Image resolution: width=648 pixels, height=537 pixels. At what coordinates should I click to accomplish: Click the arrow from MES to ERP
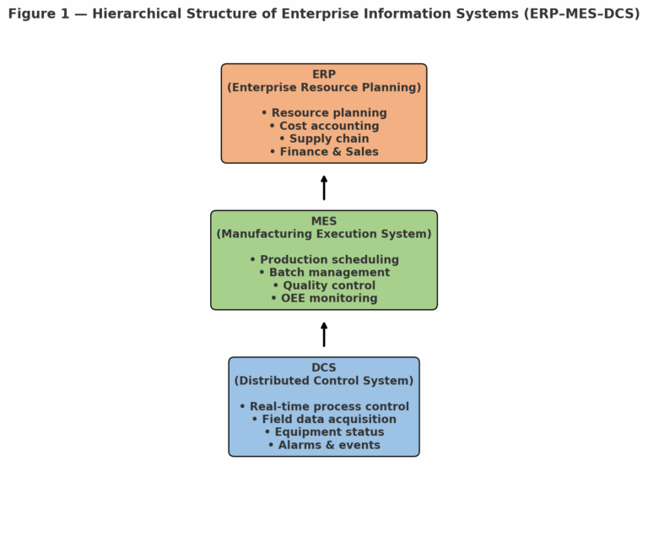pyautogui.click(x=324, y=187)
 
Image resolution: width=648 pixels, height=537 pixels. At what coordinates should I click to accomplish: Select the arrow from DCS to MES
pyautogui.click(x=324, y=334)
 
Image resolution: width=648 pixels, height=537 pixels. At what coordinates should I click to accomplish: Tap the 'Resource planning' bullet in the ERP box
pyautogui.click(x=324, y=113)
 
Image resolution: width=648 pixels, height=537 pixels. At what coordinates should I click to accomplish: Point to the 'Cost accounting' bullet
pyautogui.click(x=324, y=126)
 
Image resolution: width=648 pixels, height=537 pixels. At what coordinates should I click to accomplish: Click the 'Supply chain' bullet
pyautogui.click(x=324, y=138)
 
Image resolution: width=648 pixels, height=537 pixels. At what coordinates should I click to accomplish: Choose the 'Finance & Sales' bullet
pyautogui.click(x=324, y=152)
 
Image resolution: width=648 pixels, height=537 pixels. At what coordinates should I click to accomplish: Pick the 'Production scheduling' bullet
pyautogui.click(x=324, y=260)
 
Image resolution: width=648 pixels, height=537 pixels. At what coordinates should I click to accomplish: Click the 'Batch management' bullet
pyautogui.click(x=324, y=273)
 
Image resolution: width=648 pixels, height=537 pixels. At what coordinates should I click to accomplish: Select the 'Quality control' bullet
pyautogui.click(x=324, y=285)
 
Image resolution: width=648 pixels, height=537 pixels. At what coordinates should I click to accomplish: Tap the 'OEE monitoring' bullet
pyautogui.click(x=324, y=298)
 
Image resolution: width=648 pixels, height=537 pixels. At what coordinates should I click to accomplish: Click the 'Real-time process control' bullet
pyautogui.click(x=324, y=407)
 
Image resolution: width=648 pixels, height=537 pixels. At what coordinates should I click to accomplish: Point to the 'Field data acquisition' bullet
pyautogui.click(x=324, y=420)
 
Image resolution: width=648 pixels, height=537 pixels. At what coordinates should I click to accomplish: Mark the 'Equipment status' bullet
pyautogui.click(x=324, y=432)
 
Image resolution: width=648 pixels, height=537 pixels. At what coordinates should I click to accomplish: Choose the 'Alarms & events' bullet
pyautogui.click(x=324, y=445)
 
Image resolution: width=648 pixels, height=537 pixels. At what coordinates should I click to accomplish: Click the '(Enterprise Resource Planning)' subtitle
pyautogui.click(x=324, y=88)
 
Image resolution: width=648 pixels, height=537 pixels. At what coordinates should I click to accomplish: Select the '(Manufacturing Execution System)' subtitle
pyautogui.click(x=324, y=234)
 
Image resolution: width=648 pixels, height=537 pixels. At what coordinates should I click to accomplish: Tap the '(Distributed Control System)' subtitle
pyautogui.click(x=324, y=381)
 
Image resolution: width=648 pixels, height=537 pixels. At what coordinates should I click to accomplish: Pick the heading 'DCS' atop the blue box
pyautogui.click(x=324, y=368)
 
